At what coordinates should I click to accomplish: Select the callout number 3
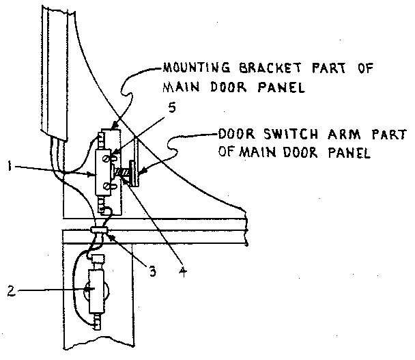pyautogui.click(x=154, y=271)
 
